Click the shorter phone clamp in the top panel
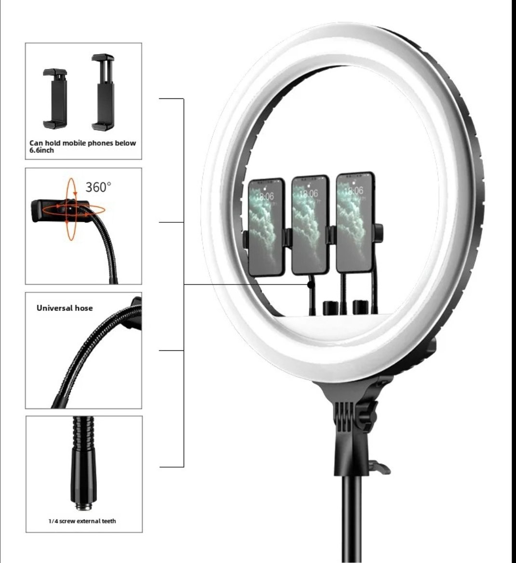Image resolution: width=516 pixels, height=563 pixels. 55,98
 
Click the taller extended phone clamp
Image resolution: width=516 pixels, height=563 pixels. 103,92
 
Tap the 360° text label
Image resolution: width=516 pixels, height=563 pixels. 98,187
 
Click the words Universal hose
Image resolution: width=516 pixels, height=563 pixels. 65,308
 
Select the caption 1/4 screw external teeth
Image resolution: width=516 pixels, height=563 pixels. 82,521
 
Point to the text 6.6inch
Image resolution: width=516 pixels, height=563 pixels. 41,151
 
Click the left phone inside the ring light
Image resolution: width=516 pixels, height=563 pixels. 266,227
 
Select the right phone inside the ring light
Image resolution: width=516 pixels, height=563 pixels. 355,222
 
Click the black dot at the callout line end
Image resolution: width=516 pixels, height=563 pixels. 311,285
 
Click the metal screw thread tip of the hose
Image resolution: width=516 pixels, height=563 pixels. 84,506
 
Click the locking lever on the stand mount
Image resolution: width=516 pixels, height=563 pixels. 380,467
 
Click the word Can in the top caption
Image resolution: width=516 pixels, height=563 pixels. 36,143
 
